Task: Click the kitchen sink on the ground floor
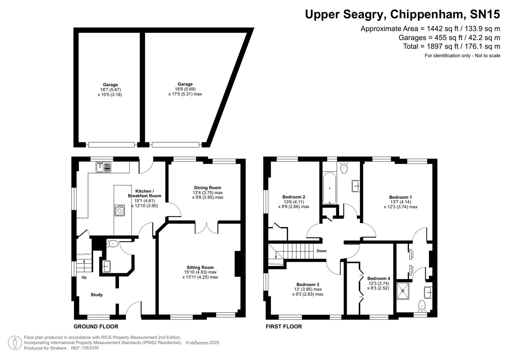[103, 167]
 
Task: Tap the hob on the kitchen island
[120, 210]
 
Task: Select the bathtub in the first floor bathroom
[329, 188]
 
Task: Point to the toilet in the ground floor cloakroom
[113, 243]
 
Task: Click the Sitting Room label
[200, 267]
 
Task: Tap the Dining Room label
[208, 188]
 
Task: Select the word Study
[97, 295]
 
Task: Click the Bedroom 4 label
[378, 278]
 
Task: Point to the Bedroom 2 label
[293, 197]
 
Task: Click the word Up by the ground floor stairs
[84, 277]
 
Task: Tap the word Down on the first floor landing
[321, 251]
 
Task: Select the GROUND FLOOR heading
[96, 326]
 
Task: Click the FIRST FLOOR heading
[284, 326]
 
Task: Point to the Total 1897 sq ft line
[451, 46]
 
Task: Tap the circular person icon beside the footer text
[15, 343]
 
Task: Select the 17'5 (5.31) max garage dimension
[185, 94]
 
